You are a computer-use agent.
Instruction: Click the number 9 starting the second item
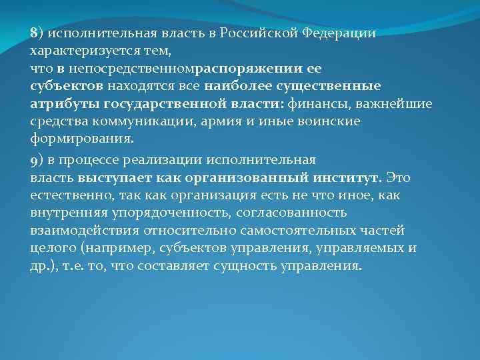[x=33, y=161]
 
